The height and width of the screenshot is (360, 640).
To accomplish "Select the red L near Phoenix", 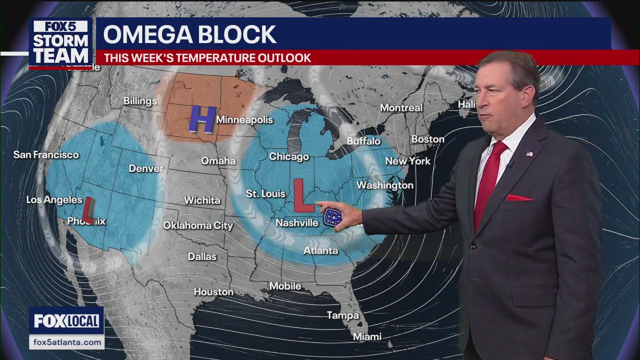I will tap(88, 209).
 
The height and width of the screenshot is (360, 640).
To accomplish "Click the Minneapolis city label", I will tap(244, 120).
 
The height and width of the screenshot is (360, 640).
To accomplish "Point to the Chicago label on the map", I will tap(288, 157).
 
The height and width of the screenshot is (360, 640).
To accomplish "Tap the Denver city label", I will tap(146, 168).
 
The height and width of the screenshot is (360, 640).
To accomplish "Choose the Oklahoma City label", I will tap(198, 225).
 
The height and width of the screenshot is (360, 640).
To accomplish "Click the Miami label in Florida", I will tap(367, 337).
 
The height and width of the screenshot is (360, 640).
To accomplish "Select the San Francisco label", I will tap(46, 155).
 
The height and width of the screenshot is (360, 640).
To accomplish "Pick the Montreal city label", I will tap(401, 108).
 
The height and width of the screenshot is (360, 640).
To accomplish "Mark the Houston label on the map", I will tap(213, 292).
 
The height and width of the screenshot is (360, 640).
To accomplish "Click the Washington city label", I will tap(384, 185).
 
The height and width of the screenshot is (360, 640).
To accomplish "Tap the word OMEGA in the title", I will tap(145, 34).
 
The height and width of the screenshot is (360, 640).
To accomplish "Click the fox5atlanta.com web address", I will tap(66, 342).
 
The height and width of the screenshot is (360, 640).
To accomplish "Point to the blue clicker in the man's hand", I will tap(332, 217).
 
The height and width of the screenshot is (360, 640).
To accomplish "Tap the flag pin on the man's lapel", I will tap(529, 153).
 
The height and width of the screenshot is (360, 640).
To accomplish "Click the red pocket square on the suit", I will tap(518, 198).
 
